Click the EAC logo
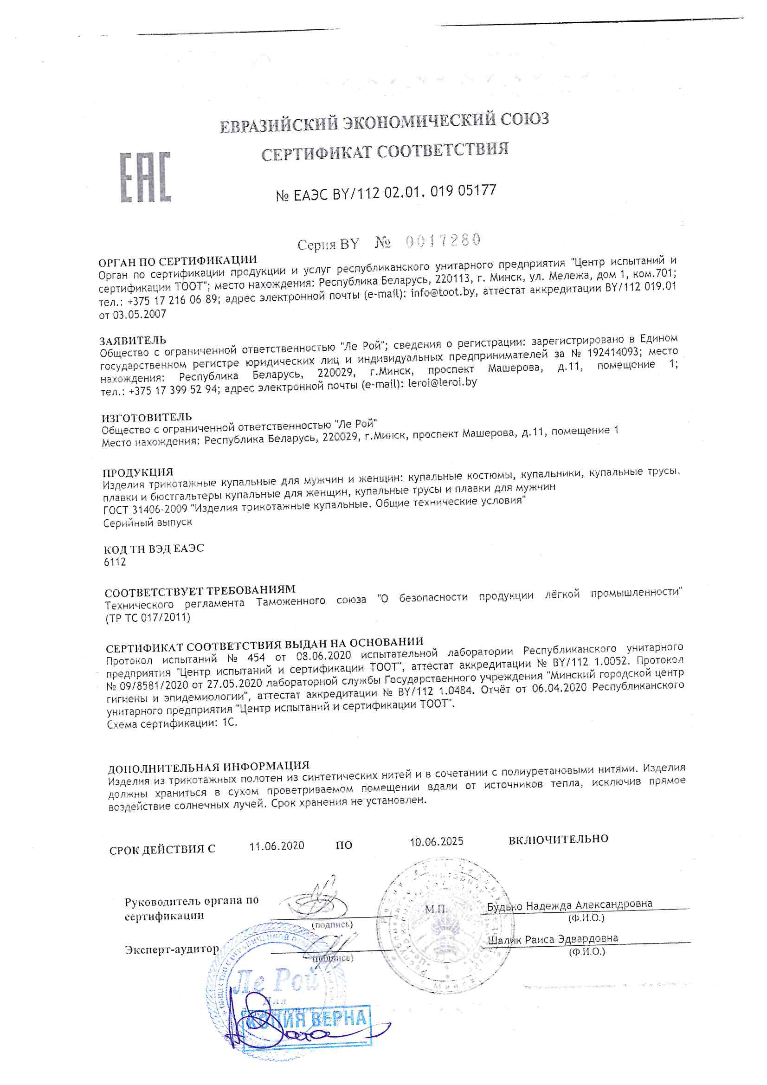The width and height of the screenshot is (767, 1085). click(145, 177)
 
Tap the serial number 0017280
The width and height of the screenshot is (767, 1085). click(443, 240)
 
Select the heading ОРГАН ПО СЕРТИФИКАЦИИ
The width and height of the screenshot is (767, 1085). click(177, 261)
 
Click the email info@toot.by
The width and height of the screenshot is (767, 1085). click(442, 292)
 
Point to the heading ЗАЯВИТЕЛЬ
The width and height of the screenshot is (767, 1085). click(133, 340)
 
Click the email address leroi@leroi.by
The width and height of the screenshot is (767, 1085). click(442, 382)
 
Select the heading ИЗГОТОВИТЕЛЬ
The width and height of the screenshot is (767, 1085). click(147, 417)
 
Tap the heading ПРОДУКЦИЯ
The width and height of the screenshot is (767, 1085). click(138, 472)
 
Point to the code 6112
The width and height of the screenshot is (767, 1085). click(115, 562)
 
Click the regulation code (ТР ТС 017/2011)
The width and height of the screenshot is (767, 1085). click(148, 618)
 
